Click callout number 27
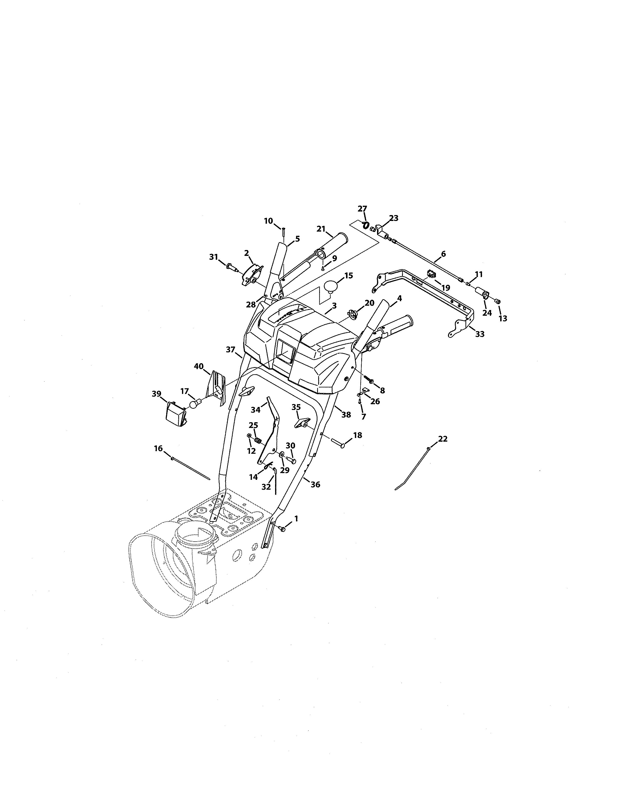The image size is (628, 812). click(x=362, y=209)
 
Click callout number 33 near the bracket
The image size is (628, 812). click(x=480, y=334)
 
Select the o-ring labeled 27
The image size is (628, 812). click(x=366, y=225)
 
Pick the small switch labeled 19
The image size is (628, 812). click(x=431, y=275)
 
